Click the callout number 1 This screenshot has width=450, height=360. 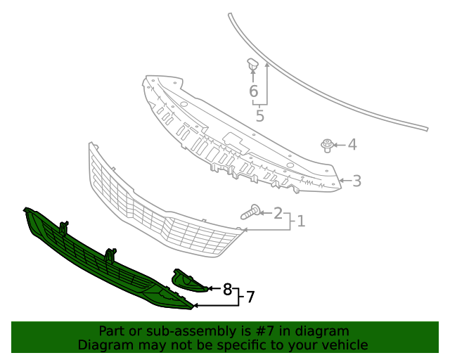pyautogui.click(x=301, y=221)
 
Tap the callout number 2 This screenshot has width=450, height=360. pyautogui.click(x=278, y=213)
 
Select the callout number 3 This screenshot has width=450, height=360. pyautogui.click(x=356, y=181)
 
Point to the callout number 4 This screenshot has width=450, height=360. pyautogui.click(x=352, y=145)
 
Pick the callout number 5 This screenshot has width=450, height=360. pyautogui.click(x=260, y=116)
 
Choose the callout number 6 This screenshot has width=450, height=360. pyautogui.click(x=253, y=91)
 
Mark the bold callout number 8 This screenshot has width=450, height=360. pyautogui.click(x=227, y=289)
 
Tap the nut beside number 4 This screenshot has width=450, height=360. pyautogui.click(x=327, y=146)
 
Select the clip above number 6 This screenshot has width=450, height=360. pyautogui.click(x=252, y=65)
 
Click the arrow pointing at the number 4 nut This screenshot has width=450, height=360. pyautogui.click(x=337, y=146)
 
